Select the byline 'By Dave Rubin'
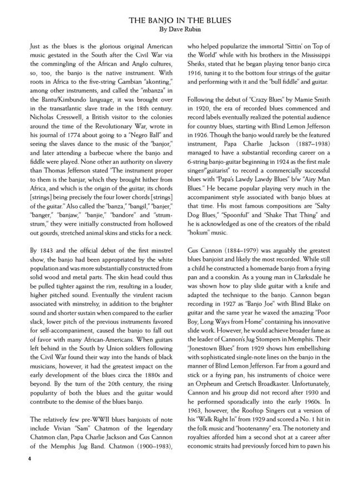180,29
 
